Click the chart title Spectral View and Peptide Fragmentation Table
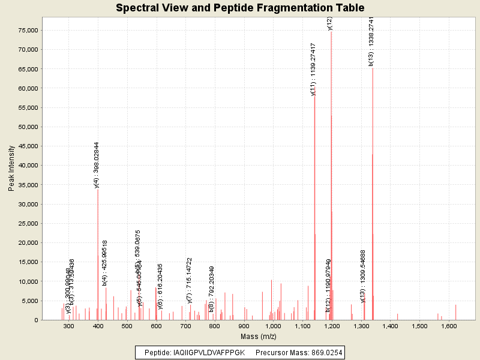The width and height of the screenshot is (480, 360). click(x=239, y=8)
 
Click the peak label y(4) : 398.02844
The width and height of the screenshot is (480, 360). click(x=97, y=165)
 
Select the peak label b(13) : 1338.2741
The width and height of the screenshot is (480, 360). click(x=371, y=41)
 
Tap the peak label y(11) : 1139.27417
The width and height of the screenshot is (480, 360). click(x=313, y=69)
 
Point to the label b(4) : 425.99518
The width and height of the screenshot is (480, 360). click(x=105, y=262)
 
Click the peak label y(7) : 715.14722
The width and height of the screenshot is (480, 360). click(x=189, y=280)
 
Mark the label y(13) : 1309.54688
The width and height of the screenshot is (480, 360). click(x=363, y=276)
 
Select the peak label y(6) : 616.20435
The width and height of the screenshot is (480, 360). click(x=160, y=287)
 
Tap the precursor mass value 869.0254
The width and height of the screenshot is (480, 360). click(x=323, y=352)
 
